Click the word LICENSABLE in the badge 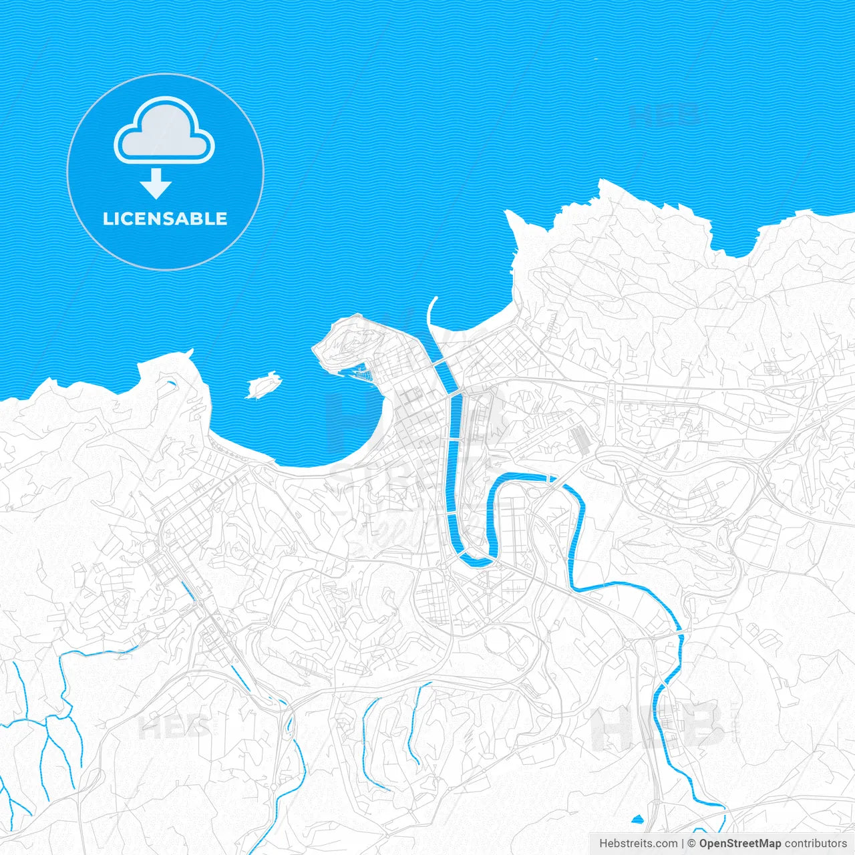(165, 219)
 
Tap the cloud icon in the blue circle (164, 131)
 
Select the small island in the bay (263, 385)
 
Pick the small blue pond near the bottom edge (637, 819)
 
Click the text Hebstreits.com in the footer (638, 844)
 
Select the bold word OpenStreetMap (740, 844)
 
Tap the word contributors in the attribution (816, 844)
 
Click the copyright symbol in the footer (692, 844)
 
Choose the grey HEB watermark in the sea (665, 115)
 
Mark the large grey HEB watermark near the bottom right (658, 727)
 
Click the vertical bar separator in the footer (682, 844)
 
